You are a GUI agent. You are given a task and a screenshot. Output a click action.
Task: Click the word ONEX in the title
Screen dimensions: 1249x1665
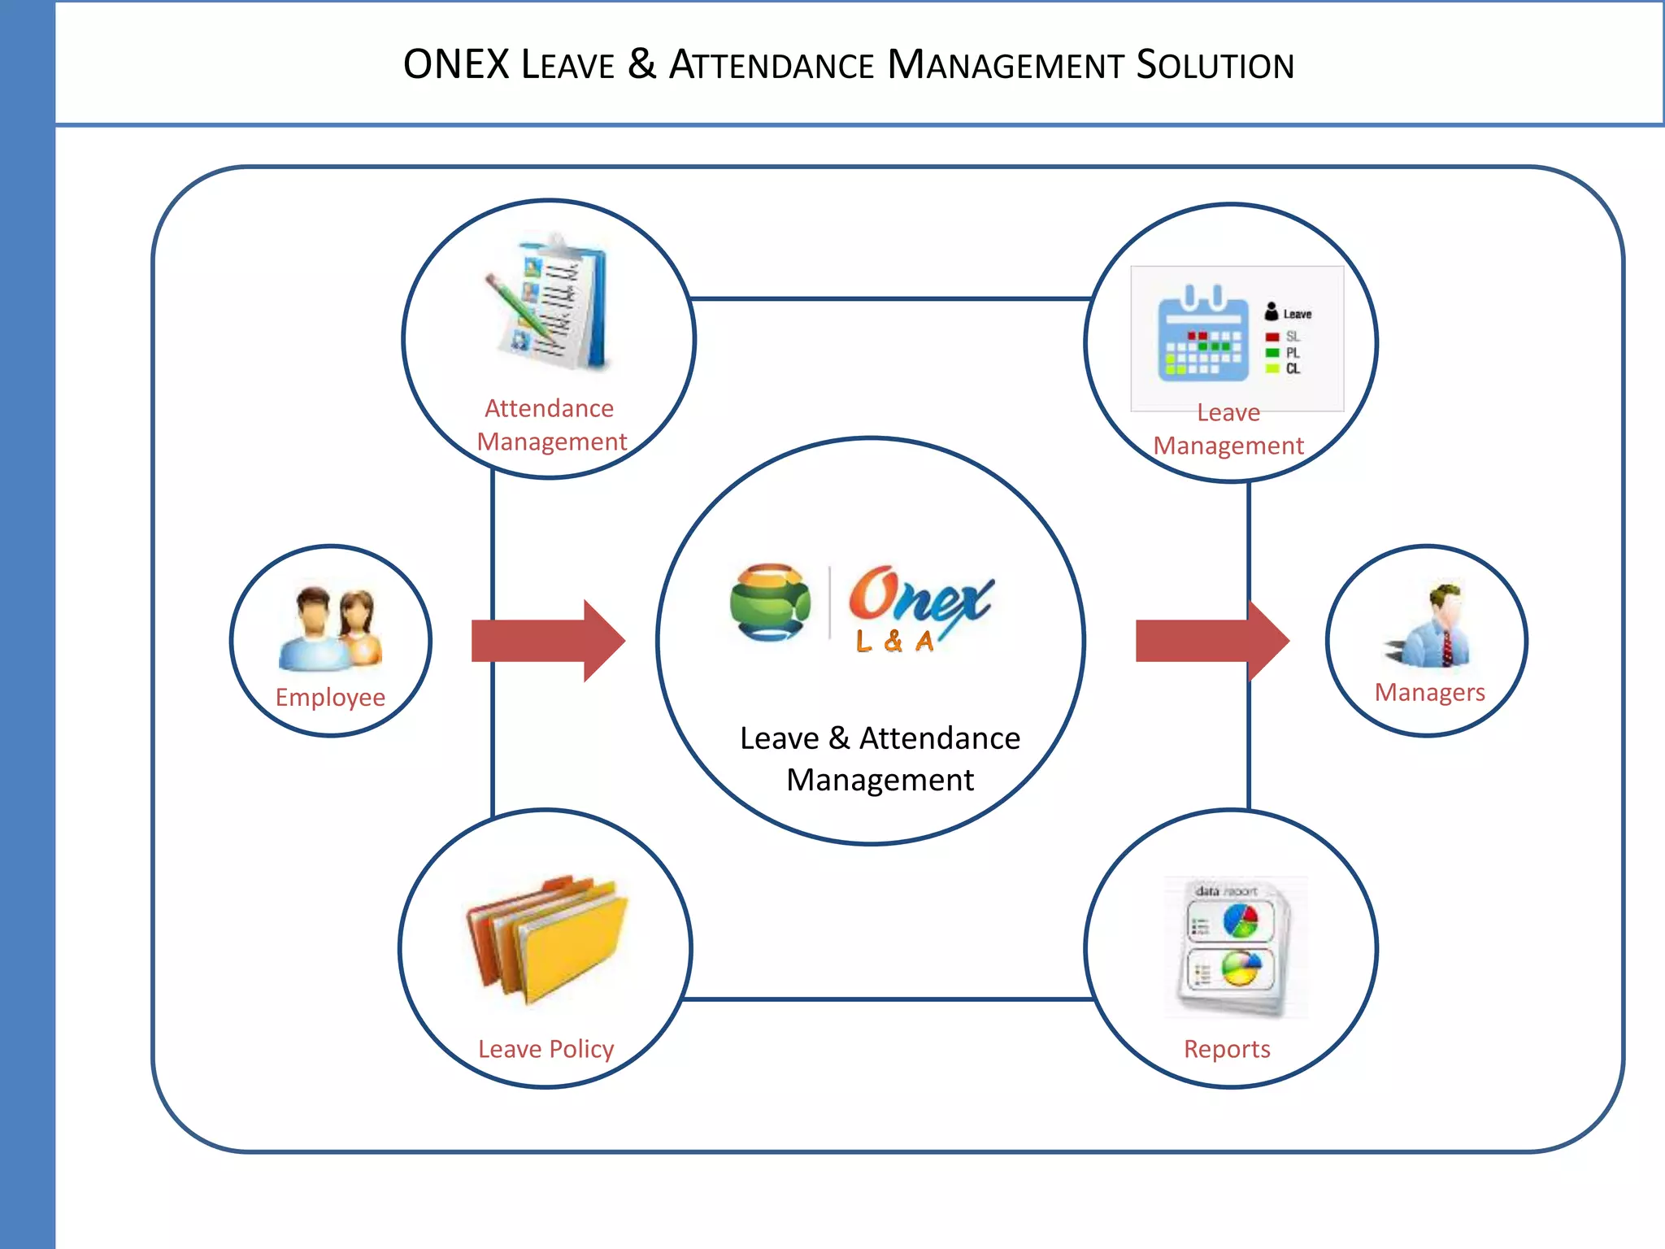(x=456, y=65)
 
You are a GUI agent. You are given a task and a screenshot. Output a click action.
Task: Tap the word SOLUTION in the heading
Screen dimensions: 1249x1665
(x=1215, y=65)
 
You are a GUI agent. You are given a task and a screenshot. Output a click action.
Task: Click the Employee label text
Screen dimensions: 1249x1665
(x=330, y=698)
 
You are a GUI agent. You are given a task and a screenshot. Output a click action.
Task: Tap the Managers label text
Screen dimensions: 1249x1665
(x=1429, y=692)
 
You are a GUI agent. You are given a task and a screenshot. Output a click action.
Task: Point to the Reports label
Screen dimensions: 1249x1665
(x=1227, y=1049)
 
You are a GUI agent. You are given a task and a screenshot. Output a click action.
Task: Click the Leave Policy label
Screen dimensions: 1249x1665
(x=546, y=1049)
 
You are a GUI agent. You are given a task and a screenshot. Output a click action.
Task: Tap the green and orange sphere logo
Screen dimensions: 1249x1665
(x=770, y=603)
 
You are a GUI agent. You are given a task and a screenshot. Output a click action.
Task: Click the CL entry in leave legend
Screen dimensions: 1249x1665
(x=1293, y=369)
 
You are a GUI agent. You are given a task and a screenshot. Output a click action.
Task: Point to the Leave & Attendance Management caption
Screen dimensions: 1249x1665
(x=880, y=759)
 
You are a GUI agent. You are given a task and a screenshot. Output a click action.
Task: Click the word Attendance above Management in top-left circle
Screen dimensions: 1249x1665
(x=549, y=408)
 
